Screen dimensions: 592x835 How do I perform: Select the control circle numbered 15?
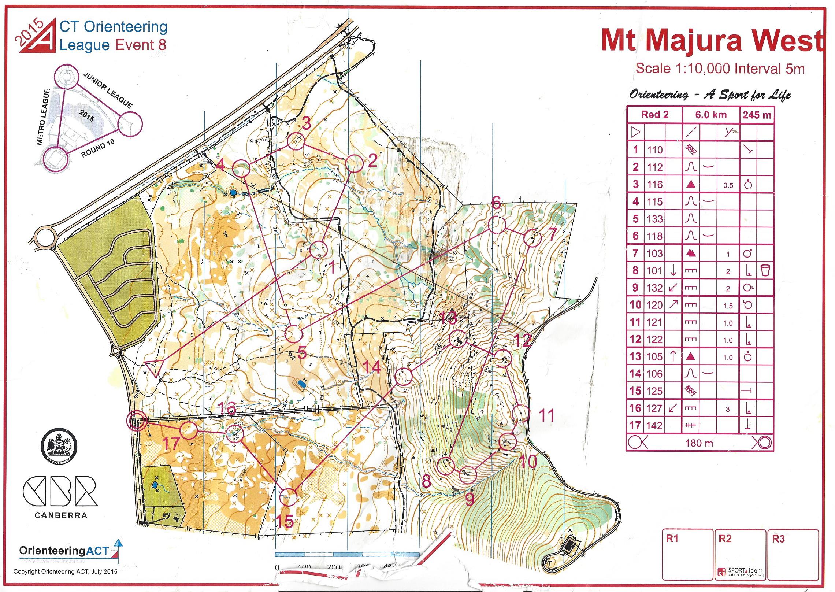tap(288, 497)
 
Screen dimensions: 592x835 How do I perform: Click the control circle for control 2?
tap(354, 164)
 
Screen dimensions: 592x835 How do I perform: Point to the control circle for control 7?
tap(532, 239)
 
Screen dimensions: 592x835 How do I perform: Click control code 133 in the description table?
tap(654, 219)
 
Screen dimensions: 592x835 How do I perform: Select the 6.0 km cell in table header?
tap(710, 115)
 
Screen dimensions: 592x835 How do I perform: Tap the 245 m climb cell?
tap(757, 115)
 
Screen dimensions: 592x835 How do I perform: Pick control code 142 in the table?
tap(654, 426)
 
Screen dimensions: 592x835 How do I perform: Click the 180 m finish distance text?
tap(699, 443)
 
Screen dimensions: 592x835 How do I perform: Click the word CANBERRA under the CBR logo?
tap(61, 515)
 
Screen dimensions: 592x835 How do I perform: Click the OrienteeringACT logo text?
tap(64, 551)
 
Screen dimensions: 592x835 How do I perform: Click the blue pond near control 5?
tap(301, 384)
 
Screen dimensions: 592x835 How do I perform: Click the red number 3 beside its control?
tap(306, 123)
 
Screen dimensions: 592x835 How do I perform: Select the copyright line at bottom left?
tap(65, 571)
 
